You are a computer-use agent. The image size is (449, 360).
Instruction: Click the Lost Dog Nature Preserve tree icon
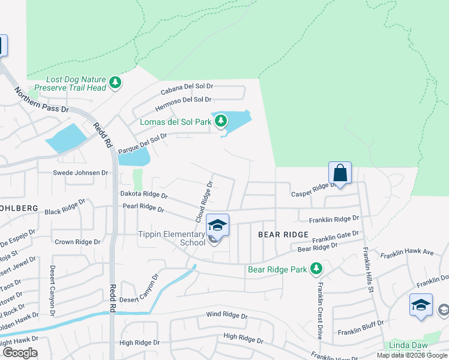pos(114,83)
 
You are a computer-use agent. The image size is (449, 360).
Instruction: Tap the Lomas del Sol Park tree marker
pos(221,121)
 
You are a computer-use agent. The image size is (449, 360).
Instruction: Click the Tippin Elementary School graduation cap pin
pos(218,226)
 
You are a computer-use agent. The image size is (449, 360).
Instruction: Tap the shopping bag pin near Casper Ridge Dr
pos(340,173)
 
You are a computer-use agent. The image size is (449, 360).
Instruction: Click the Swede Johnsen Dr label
pos(80,173)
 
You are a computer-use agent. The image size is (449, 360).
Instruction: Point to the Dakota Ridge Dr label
pos(143,194)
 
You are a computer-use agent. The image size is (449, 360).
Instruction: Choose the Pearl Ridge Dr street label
pos(143,208)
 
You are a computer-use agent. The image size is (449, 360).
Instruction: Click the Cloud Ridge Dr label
pos(203,202)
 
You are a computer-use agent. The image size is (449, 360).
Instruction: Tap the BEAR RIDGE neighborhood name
pos(283,234)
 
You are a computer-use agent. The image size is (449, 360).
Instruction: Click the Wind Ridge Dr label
pos(226,315)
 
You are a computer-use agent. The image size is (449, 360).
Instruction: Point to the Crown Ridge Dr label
pos(77,242)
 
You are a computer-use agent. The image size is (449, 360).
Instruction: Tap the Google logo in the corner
pos(20,353)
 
